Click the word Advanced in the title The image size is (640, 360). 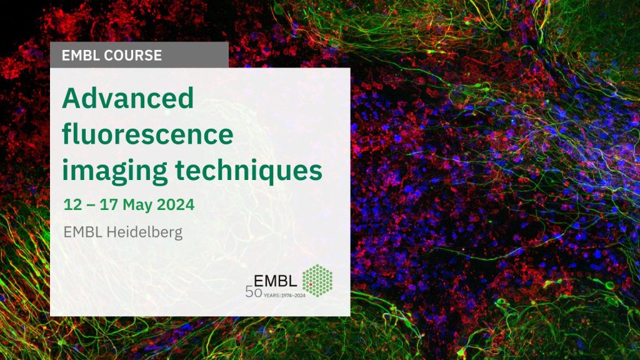[127, 98]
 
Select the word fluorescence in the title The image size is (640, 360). [147, 134]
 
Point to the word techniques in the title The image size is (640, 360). [249, 170]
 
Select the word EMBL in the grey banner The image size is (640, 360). [81, 55]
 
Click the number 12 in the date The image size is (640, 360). [73, 204]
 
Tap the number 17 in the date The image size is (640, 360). [109, 204]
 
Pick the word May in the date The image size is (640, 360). [137, 205]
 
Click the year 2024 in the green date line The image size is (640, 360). [176, 204]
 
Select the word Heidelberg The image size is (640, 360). [144, 232]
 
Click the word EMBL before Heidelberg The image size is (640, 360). [83, 232]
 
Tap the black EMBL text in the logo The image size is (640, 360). [276, 281]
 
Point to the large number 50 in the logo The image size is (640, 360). [254, 292]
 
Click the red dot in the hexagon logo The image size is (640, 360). [311, 284]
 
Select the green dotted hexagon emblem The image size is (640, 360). [317, 281]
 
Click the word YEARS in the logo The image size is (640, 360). [271, 295]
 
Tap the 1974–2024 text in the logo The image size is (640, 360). [293, 295]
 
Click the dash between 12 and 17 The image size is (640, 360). [91, 205]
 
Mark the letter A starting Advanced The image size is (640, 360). [71, 98]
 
